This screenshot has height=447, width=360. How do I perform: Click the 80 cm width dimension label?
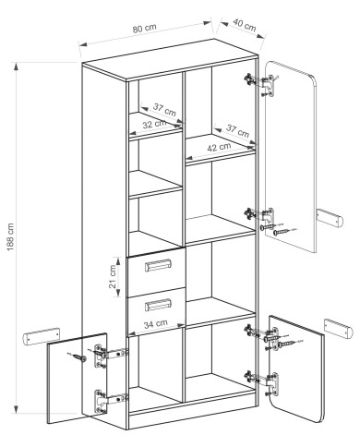(x=145, y=28)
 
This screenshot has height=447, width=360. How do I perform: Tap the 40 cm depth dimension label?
(x=245, y=25)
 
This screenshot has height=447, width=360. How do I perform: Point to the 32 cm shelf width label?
(x=154, y=125)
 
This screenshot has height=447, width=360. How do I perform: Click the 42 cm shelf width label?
(x=219, y=147)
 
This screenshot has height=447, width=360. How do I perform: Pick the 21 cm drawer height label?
(x=114, y=276)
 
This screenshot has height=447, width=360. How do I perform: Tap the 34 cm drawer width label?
(x=156, y=323)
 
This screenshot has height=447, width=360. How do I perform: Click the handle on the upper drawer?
(x=159, y=265)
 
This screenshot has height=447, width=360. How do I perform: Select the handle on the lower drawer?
(x=159, y=305)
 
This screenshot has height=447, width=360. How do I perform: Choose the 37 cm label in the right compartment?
(x=237, y=130)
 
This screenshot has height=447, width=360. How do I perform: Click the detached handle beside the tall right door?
(x=330, y=217)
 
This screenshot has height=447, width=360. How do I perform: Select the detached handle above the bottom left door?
(x=42, y=335)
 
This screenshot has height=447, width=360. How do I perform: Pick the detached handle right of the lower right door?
(x=338, y=329)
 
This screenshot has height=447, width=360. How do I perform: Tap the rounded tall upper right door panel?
(x=291, y=156)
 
